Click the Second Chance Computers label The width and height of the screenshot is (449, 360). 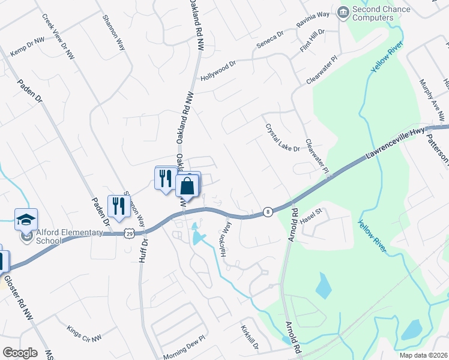click(x=381, y=13)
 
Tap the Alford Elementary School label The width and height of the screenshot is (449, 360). click(x=49, y=237)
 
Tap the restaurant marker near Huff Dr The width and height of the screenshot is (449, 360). click(x=119, y=206)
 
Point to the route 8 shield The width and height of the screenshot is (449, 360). click(x=267, y=212)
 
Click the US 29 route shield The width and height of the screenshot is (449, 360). click(x=130, y=232)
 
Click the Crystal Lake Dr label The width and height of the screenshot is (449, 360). click(x=282, y=137)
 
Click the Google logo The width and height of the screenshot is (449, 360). click(x=19, y=353)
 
